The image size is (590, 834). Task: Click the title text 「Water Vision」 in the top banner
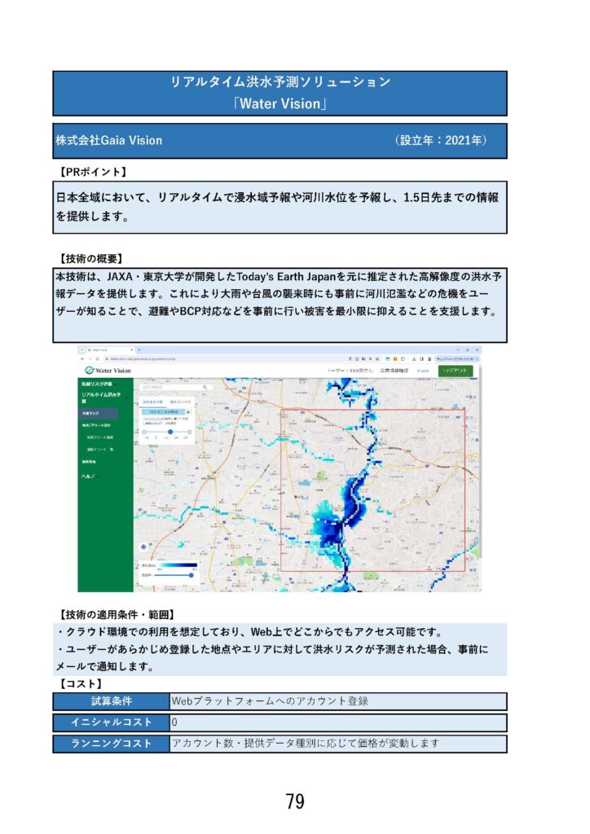[280, 103]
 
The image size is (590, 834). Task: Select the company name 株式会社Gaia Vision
[108, 140]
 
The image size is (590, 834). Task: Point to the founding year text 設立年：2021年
[441, 140]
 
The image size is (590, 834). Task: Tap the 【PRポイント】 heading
[93, 172]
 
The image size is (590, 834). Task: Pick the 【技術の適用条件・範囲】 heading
[117, 613]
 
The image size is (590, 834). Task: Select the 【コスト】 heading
[81, 683]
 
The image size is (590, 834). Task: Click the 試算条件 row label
[111, 701]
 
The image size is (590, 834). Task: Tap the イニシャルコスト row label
[111, 722]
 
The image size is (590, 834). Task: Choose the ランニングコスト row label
[111, 744]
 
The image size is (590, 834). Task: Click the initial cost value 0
[175, 722]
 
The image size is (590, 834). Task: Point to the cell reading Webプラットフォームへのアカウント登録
[270, 701]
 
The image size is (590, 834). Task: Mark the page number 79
[295, 801]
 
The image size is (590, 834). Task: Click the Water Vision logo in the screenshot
[107, 371]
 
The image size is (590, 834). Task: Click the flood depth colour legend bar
[178, 564]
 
